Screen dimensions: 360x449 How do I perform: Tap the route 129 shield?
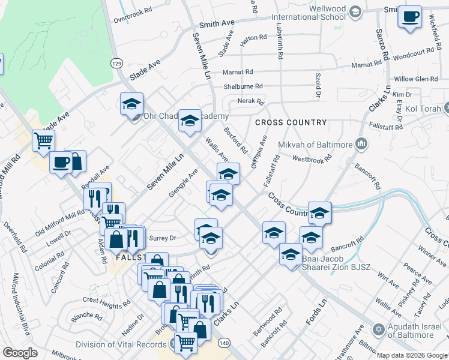(116, 63)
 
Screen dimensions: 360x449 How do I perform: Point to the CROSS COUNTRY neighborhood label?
(291, 122)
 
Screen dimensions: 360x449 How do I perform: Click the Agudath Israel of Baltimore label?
(415, 332)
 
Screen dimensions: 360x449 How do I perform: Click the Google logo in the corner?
(20, 353)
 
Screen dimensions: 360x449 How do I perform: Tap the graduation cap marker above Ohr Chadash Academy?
(131, 103)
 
